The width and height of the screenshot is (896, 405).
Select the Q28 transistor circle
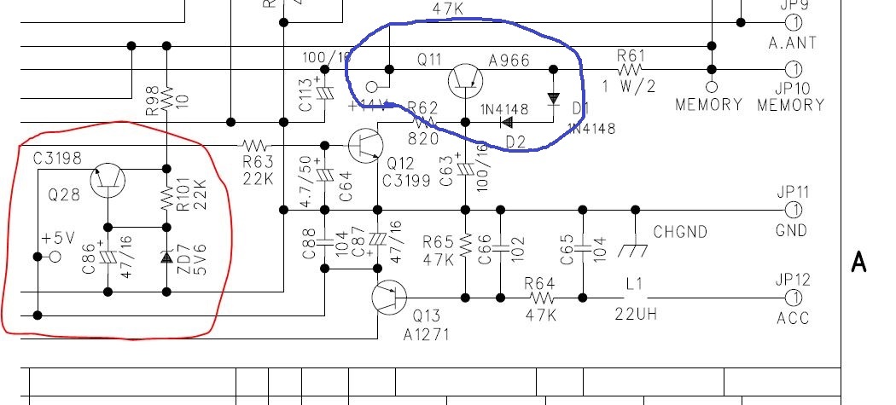[108, 180]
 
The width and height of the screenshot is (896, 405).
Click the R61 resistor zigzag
[631, 69]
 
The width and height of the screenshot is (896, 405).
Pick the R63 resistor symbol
[253, 145]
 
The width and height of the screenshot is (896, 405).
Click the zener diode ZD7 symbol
[167, 257]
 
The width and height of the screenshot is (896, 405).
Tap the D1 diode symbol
[552, 99]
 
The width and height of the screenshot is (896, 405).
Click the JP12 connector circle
[794, 298]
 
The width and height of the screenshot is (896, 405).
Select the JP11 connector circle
[794, 209]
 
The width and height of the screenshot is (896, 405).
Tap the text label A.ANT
[792, 42]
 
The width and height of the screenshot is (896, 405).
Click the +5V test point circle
[56, 256]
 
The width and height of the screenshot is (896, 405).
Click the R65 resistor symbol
[465, 246]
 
